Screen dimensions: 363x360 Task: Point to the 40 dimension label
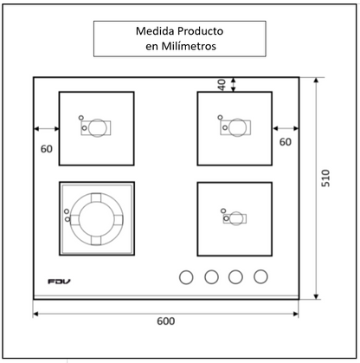tap(221, 84)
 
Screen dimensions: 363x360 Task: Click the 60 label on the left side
tap(47, 148)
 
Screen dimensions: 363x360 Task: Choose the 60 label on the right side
tap(285, 141)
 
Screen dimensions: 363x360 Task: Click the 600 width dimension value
tap(166, 321)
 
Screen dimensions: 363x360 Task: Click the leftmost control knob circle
tap(184, 278)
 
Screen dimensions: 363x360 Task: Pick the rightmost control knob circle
tap(260, 278)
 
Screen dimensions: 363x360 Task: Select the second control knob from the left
tap(210, 278)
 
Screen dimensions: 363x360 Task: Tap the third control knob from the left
tap(235, 278)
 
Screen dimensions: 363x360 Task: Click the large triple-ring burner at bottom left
tap(96, 219)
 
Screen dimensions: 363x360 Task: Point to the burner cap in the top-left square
tap(98, 127)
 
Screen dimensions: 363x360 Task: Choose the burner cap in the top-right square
tap(236, 127)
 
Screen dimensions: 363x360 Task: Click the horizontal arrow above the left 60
tap(46, 128)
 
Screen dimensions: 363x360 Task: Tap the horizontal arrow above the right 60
tap(285, 128)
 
